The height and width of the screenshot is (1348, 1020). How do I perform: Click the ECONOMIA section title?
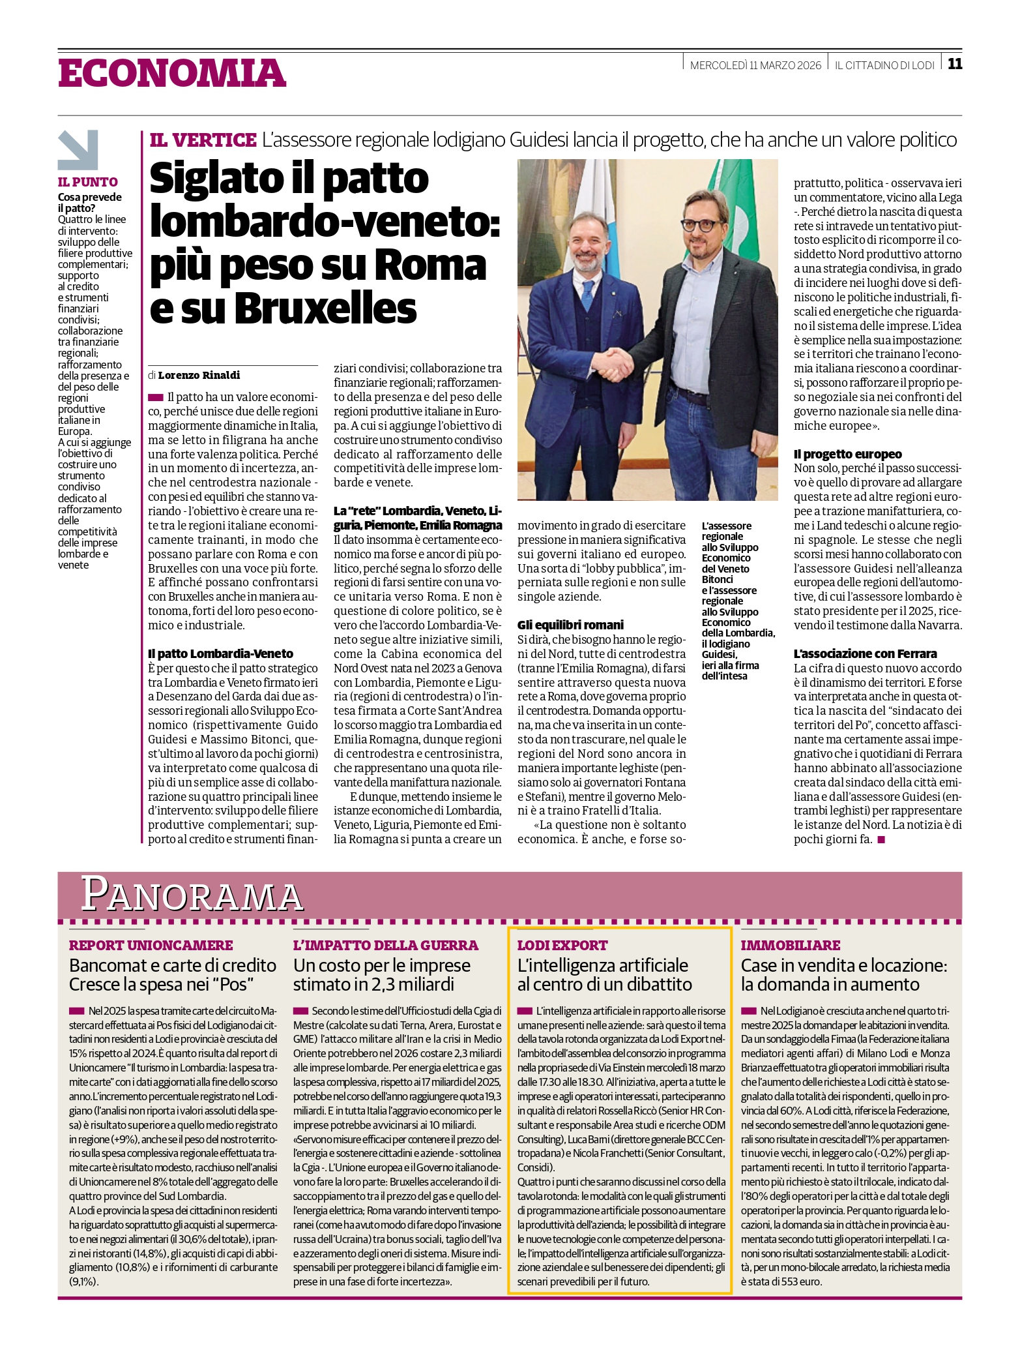point(172,73)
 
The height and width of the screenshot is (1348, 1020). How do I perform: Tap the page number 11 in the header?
point(954,64)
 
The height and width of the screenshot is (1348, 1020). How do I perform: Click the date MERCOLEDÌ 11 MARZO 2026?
point(755,65)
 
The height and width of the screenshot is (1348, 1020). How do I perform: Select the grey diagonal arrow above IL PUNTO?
point(78,150)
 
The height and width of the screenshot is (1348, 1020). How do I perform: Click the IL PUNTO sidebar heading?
point(88,182)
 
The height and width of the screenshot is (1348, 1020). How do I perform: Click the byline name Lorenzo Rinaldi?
point(199,375)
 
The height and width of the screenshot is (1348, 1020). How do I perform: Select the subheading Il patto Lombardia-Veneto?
point(220,653)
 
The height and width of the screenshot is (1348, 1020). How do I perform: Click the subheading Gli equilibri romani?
point(570,625)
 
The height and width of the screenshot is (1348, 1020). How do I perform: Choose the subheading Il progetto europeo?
point(847,454)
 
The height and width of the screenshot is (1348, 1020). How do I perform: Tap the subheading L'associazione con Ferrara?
point(865,653)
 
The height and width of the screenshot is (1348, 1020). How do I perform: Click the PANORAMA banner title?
point(192,894)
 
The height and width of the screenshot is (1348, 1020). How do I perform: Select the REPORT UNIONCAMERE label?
point(151,945)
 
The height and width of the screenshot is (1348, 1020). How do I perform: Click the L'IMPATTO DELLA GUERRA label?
point(385,945)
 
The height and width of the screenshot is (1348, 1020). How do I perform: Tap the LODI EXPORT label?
point(562,945)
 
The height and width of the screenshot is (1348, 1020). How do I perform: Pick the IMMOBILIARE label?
point(790,945)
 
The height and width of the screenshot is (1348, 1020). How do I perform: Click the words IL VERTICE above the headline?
point(203,140)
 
